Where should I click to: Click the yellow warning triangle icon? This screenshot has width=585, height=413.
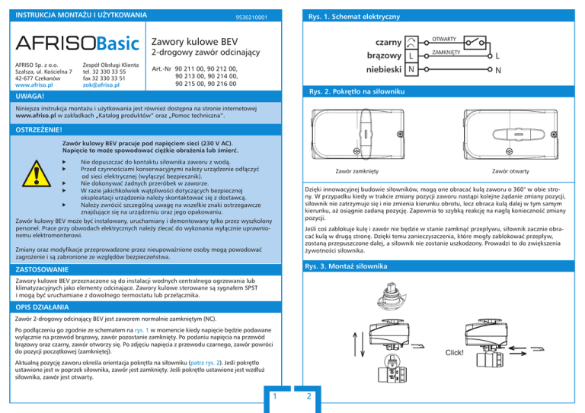tap(37, 174)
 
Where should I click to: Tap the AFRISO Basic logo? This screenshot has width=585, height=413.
tap(77, 43)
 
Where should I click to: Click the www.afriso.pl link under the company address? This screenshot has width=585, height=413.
tap(34, 85)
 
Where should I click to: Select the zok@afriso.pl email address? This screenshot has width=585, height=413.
tap(101, 85)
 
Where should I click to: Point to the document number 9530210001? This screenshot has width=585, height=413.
tap(251, 17)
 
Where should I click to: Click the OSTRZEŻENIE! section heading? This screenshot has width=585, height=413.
tap(39, 129)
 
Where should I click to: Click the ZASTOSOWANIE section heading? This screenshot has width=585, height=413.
tap(42, 269)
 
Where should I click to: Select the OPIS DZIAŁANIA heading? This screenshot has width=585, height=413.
tap(42, 307)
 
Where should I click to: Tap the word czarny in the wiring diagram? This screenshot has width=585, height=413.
tap(388, 43)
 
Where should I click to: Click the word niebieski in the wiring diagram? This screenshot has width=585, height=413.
tap(384, 70)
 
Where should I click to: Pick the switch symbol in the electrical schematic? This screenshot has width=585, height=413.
tap(475, 43)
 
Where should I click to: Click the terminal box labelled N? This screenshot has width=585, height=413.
tap(411, 70)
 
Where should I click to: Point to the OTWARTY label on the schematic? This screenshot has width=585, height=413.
tap(444, 39)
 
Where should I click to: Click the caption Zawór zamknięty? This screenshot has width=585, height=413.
tap(357, 171)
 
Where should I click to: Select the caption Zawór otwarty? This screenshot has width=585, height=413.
tap(510, 171)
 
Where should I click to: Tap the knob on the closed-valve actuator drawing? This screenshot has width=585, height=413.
tap(366, 134)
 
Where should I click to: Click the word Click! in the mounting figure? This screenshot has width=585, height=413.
tap(455, 353)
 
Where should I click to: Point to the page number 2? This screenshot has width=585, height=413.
tap(309, 396)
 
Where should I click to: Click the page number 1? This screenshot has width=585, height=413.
tap(275, 396)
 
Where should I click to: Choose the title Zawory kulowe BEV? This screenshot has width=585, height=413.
tap(194, 42)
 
